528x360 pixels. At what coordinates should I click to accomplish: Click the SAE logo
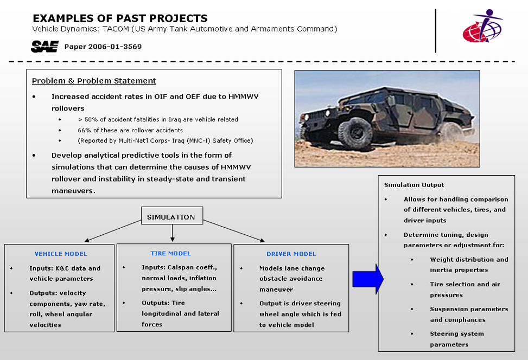click(44, 47)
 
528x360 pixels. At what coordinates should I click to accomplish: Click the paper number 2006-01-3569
click(103, 47)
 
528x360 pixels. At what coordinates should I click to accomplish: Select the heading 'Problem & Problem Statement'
click(94, 81)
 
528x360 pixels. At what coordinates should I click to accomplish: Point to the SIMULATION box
click(171, 217)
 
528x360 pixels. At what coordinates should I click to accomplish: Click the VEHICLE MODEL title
click(61, 254)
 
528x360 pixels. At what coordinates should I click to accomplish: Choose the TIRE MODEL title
click(171, 253)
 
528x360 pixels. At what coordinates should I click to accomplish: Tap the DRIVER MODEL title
click(291, 254)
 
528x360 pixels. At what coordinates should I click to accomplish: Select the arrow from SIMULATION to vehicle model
click(111, 231)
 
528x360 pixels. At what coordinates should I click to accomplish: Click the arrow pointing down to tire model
click(172, 234)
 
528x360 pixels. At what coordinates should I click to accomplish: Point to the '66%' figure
click(85, 130)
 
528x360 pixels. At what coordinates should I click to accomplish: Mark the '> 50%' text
click(88, 119)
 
